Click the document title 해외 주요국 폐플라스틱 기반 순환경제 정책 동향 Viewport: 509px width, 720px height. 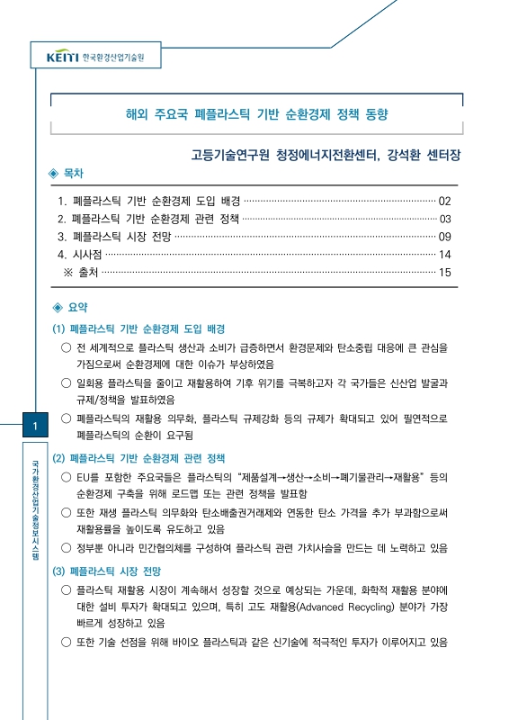point(255,114)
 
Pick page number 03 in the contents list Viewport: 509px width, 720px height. point(444,219)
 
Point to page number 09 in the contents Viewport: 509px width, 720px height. point(444,237)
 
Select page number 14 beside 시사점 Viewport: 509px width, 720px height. point(444,255)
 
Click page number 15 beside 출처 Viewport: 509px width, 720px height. point(444,272)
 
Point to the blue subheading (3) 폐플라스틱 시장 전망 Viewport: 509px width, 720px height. point(107,571)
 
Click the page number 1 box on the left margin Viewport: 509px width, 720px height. point(32,426)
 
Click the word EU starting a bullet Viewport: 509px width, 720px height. point(84,476)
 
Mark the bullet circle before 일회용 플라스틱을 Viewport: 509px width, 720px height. point(66,382)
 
